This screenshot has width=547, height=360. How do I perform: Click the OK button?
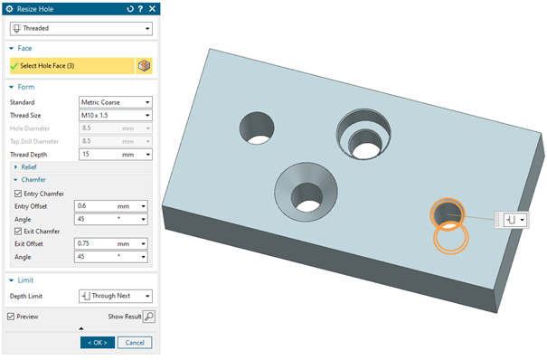pos(98,343)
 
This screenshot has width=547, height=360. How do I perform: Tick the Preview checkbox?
pos(11,317)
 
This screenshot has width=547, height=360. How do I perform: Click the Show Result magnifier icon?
pos(149,317)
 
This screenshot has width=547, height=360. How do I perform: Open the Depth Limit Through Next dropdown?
pos(116,296)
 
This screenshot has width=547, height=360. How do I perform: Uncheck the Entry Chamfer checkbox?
pos(18,194)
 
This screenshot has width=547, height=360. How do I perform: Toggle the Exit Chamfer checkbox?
pos(18,232)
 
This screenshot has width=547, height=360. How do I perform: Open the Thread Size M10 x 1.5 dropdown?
pos(116,115)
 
